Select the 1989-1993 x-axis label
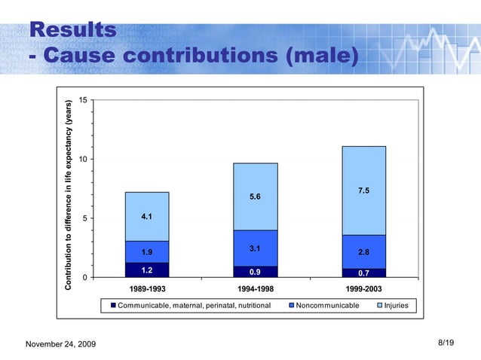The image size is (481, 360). pyautogui.click(x=146, y=289)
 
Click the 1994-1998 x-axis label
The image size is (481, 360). pyautogui.click(x=256, y=289)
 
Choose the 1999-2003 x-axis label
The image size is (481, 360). pyautogui.click(x=363, y=289)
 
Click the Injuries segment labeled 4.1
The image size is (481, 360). pyautogui.click(x=147, y=216)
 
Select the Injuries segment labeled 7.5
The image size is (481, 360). pyautogui.click(x=363, y=191)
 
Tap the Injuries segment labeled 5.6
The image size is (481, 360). pyautogui.click(x=256, y=197)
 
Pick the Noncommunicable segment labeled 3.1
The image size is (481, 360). pyautogui.click(x=256, y=248)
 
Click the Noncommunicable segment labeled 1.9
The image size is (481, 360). pyautogui.click(x=147, y=252)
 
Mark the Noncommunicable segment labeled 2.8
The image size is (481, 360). pyautogui.click(x=363, y=252)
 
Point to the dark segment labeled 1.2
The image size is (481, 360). pyautogui.click(x=147, y=270)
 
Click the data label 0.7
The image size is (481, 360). pyautogui.click(x=363, y=273)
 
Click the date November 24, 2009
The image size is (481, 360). pyautogui.click(x=61, y=344)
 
